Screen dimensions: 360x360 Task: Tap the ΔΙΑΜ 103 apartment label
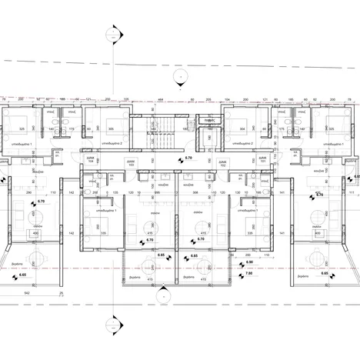(x=132, y=162)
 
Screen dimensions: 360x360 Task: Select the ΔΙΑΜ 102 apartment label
(x=222, y=162)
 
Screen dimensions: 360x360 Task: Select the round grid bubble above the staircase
(x=178, y=75)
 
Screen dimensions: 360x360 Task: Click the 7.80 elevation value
(x=248, y=272)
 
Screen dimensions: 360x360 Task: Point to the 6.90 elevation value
(x=248, y=262)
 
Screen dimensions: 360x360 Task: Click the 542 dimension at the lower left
(x=27, y=293)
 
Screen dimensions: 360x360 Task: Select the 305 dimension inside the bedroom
(x=111, y=129)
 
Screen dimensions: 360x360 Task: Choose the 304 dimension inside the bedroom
(x=243, y=129)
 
